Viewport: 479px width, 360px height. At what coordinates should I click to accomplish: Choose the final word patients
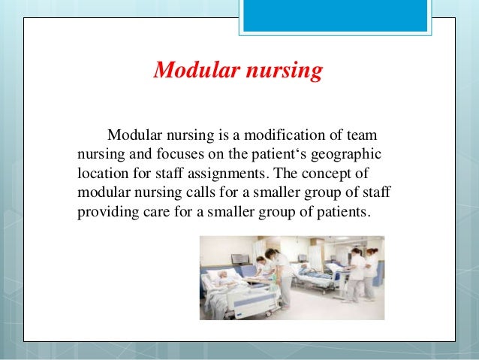344,210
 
